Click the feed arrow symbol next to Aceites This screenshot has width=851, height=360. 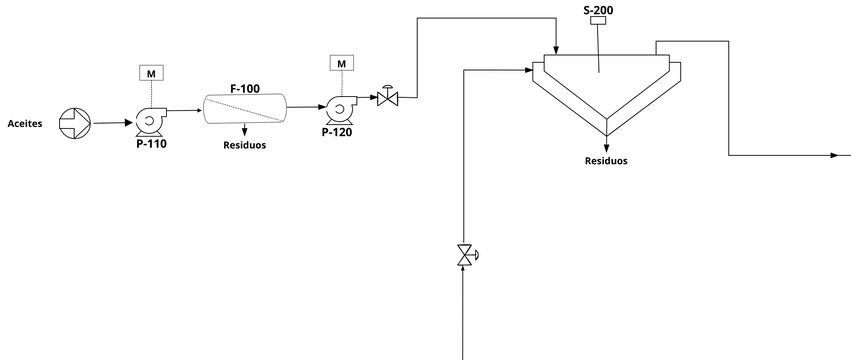(74, 123)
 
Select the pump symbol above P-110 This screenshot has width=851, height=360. (148, 122)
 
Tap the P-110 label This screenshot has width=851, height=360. (151, 143)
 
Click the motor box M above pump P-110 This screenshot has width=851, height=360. (151, 73)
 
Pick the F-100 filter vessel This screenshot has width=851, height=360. (245, 109)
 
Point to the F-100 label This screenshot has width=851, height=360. (245, 89)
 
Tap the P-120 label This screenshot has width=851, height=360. (338, 131)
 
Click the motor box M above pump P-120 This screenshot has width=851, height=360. (342, 63)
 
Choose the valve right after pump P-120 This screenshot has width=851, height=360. (388, 98)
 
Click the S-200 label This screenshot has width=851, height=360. (598, 10)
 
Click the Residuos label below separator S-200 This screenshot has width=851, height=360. (606, 160)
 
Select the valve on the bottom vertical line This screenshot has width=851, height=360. (464, 255)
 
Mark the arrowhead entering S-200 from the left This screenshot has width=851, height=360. (527, 69)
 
